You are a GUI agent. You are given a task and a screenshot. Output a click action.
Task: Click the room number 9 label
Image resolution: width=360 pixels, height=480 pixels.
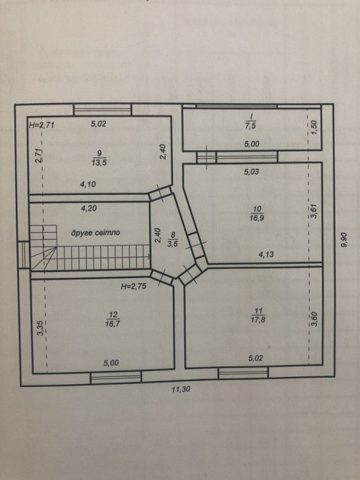(x=99, y=153)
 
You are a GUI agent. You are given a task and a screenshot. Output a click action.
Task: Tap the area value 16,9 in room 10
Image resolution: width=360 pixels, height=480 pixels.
(x=257, y=218)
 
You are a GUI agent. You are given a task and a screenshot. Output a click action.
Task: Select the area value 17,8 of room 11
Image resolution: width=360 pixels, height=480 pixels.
(x=258, y=320)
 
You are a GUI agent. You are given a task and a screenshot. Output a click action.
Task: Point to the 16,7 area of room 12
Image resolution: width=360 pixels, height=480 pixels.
(x=113, y=324)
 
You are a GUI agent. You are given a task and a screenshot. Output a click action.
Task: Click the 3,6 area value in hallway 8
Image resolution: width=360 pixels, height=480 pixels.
(x=173, y=244)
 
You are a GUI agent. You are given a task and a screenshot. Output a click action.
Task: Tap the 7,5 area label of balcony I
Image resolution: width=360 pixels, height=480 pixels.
(x=250, y=125)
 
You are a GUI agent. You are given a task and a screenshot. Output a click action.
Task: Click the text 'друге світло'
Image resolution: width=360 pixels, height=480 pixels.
(x=95, y=233)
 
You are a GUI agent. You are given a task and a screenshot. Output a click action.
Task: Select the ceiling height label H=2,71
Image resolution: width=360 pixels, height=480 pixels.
(x=42, y=125)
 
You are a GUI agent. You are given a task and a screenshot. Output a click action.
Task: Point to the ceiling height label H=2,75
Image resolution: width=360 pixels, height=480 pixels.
(x=133, y=287)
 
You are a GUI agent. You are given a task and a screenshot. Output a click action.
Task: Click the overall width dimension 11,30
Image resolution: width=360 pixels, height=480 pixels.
(x=181, y=390)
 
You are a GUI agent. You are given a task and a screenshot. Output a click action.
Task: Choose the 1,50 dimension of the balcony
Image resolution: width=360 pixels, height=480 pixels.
(x=314, y=126)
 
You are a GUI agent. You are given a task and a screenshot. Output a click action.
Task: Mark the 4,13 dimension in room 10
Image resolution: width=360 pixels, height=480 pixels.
(x=266, y=254)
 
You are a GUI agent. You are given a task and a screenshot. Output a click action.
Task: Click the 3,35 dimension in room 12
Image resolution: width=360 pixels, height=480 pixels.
(x=41, y=328)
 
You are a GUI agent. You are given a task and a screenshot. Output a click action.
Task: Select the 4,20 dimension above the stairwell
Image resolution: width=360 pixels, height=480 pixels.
(x=89, y=208)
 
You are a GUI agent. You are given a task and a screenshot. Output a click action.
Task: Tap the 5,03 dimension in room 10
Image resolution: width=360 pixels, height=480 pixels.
(x=252, y=172)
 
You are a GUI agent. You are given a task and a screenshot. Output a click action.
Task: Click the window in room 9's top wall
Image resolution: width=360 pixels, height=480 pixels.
(x=103, y=110)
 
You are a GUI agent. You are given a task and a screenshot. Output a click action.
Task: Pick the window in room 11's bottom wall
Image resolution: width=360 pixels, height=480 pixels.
(x=243, y=373)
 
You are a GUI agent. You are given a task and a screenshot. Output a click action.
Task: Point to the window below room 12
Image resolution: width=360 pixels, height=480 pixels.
(x=116, y=377)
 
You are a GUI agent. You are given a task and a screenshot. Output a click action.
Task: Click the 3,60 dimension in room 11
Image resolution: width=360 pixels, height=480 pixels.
(x=316, y=319)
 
